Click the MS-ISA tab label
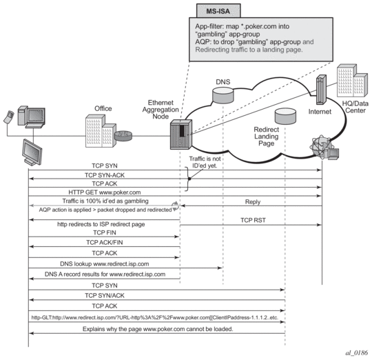tap(218, 11)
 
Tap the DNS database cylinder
tap(223, 95)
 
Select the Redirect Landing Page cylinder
tap(285, 116)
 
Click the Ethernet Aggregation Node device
tap(181, 134)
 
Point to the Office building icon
tap(101, 131)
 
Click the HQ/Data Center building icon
tap(352, 81)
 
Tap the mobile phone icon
tap(9, 117)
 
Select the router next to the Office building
tap(123, 136)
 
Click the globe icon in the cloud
tap(322, 147)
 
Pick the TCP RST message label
tap(253, 221)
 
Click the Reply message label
tap(253, 202)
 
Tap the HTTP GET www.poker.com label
tap(105, 192)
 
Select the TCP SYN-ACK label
tap(105, 175)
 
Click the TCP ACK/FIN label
tap(105, 243)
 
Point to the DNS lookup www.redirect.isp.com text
tap(105, 264)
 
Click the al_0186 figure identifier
tap(357, 353)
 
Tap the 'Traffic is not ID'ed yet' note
tap(205, 162)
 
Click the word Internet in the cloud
tap(320, 112)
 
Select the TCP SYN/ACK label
tap(105, 295)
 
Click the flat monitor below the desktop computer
tap(32, 152)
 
